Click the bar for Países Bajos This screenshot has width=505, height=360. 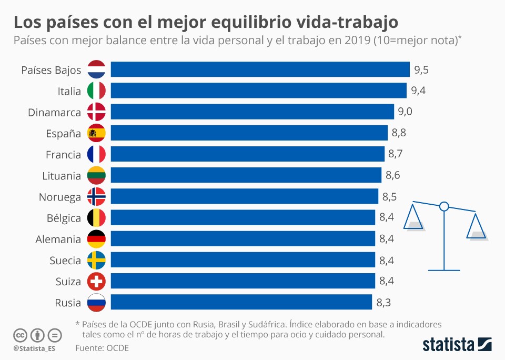tap(260, 69)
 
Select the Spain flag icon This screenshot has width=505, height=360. tap(96, 133)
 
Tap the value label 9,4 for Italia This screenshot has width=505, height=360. tap(418, 91)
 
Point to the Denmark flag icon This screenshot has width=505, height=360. tap(96, 112)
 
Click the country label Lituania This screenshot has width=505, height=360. tap(61, 176)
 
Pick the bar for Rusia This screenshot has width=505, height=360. tap(241, 302)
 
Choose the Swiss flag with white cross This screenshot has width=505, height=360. tap(96, 282)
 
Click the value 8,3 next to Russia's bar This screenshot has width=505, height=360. tap(383, 303)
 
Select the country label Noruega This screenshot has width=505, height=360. tap(59, 197)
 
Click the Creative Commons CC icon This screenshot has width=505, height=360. tap(20, 335)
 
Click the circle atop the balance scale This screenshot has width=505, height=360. tap(444, 206)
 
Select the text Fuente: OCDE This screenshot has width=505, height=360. tap(102, 348)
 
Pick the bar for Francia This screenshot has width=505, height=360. tap(247, 154)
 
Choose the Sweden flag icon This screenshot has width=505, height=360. tap(96, 261)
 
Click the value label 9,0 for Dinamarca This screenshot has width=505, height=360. tap(405, 112)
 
